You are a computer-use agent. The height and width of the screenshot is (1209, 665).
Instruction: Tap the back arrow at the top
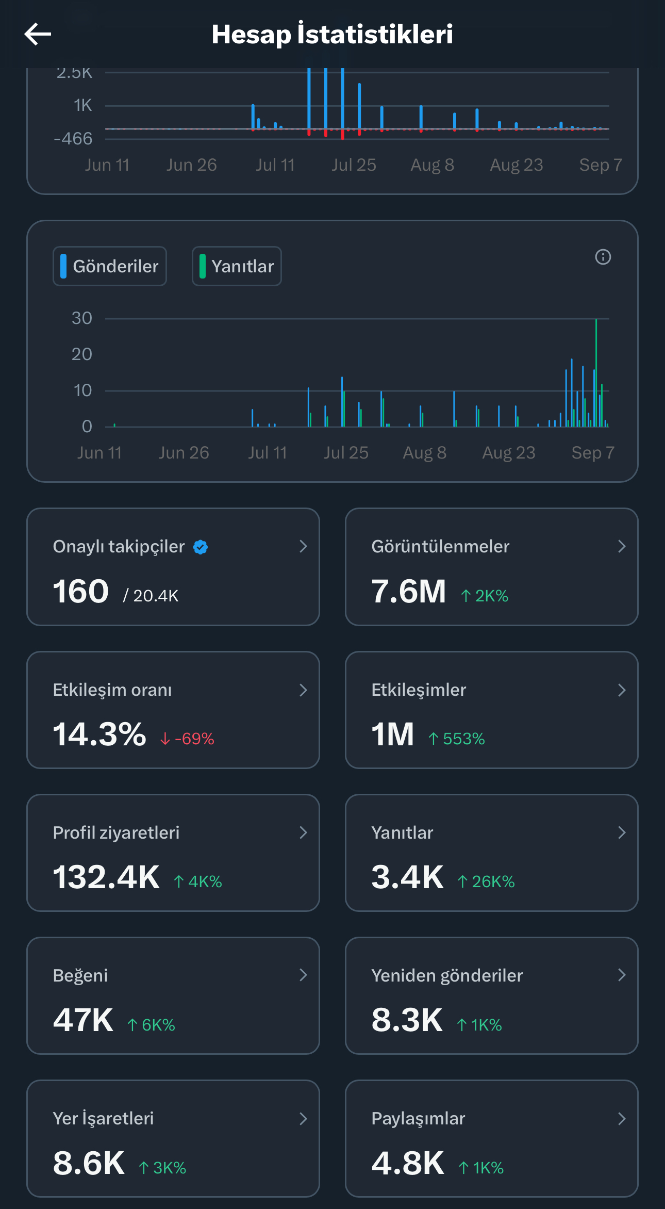click(x=38, y=34)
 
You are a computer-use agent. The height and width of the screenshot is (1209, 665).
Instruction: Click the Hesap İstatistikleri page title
click(x=332, y=34)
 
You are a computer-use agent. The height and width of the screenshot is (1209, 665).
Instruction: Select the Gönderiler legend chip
click(x=110, y=266)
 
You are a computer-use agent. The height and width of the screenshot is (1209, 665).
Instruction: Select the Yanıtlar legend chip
click(x=237, y=266)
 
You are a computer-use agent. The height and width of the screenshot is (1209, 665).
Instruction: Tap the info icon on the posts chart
click(x=603, y=257)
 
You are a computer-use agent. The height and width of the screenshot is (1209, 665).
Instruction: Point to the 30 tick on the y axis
click(x=82, y=318)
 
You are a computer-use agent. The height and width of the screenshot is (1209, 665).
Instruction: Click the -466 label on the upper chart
click(x=73, y=138)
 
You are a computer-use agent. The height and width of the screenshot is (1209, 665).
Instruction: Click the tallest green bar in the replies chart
click(x=596, y=372)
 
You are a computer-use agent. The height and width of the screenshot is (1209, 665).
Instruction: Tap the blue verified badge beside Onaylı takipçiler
click(x=201, y=547)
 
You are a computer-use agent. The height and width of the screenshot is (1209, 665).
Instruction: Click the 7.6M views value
click(x=408, y=591)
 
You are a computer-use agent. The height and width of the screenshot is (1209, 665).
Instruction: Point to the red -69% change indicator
click(x=187, y=739)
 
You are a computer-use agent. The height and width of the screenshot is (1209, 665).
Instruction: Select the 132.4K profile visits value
click(x=106, y=877)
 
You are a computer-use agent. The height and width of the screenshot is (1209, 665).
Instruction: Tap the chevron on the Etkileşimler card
click(x=622, y=690)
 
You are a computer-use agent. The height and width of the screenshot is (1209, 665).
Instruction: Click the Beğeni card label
click(x=80, y=976)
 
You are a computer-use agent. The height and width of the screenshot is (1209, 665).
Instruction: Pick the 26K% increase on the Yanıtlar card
click(x=486, y=881)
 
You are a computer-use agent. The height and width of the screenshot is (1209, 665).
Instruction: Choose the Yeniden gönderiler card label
click(x=447, y=976)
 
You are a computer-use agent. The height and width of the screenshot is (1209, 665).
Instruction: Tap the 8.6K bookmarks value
click(x=89, y=1163)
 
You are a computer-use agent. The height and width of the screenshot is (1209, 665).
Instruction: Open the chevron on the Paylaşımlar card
click(x=622, y=1119)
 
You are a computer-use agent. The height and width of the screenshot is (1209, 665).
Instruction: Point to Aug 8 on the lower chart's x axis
click(x=425, y=453)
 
